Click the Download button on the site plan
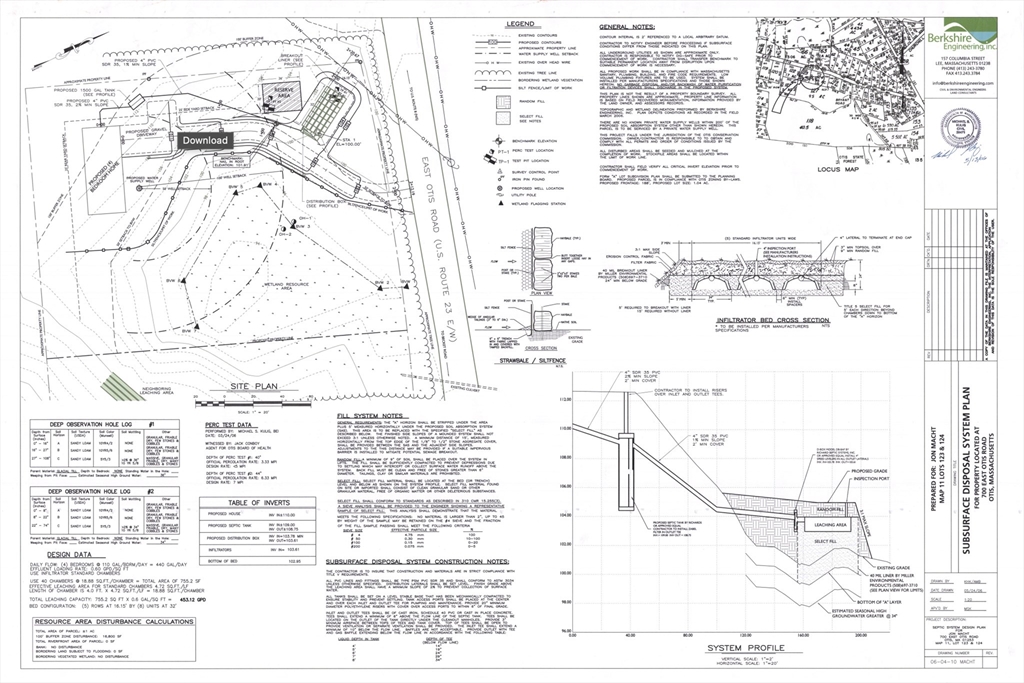click(205, 140)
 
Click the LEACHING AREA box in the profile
click(830, 524)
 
